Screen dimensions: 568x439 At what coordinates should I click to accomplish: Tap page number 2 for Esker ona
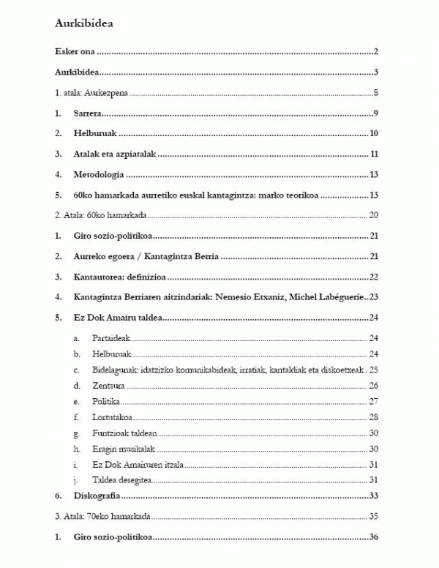374,52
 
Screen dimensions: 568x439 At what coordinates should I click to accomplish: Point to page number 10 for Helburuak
372,133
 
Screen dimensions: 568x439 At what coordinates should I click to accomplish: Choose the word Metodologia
98,175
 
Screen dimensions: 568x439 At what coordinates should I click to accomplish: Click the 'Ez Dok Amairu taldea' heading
117,318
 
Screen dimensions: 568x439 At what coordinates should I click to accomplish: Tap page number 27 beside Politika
372,402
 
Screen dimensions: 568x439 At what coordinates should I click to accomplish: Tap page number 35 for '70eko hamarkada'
372,517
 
